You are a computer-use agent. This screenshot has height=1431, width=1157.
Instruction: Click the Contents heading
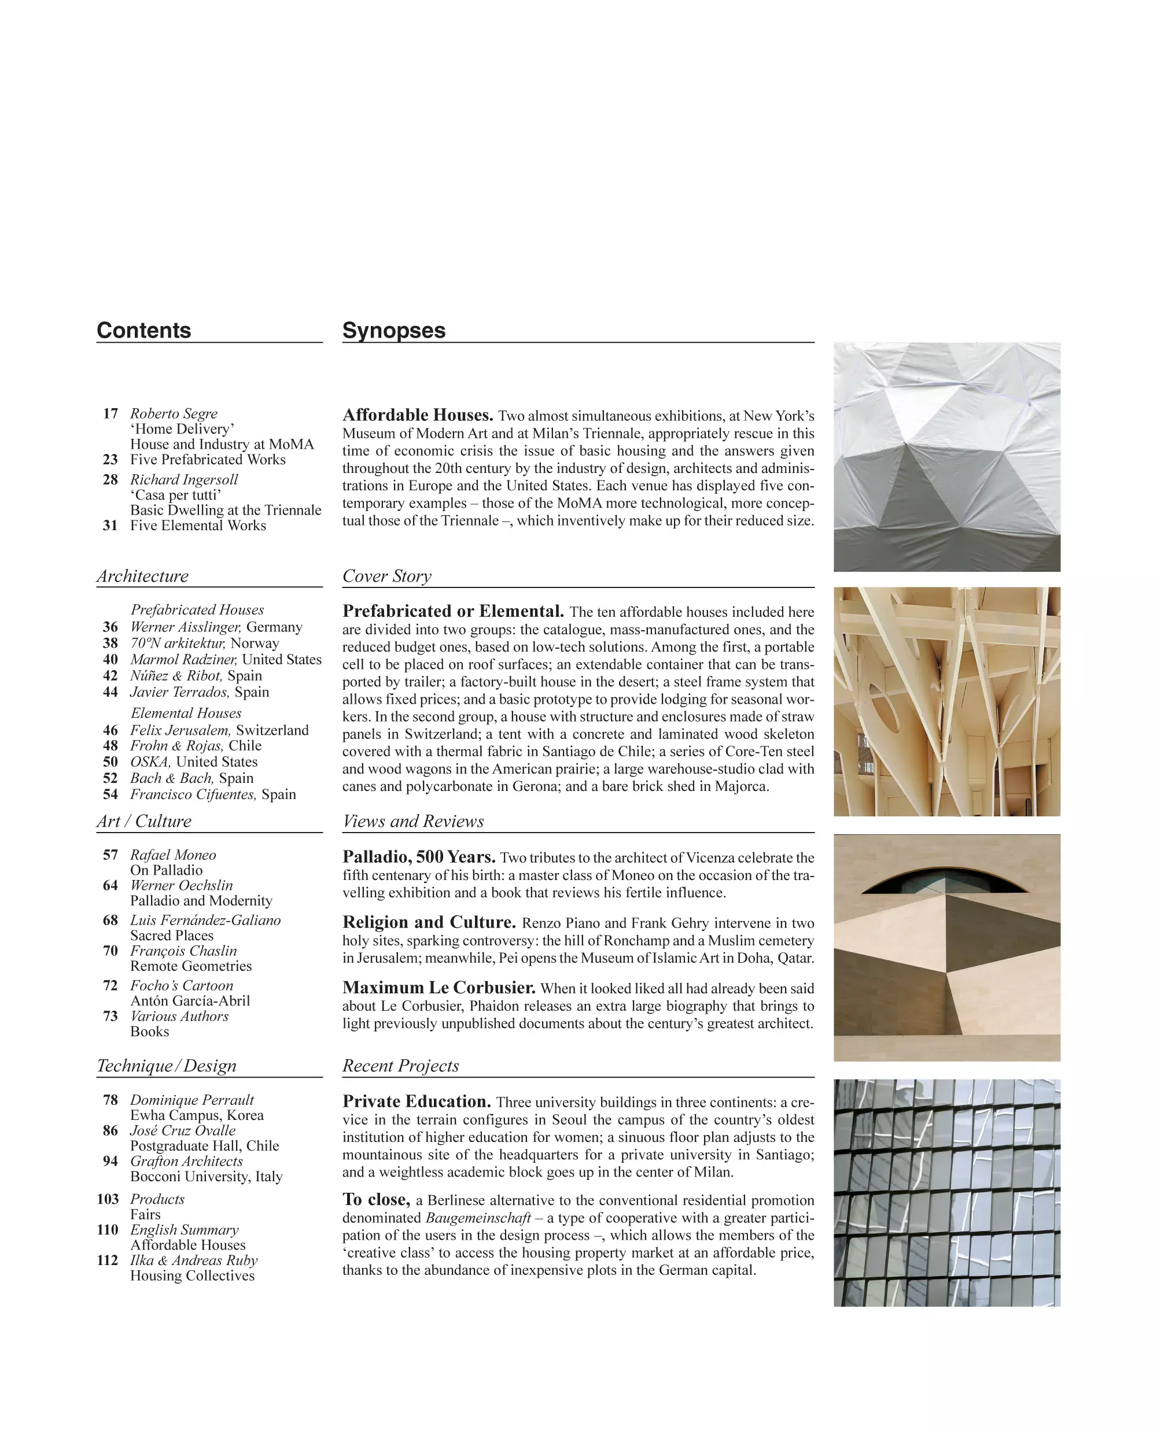(144, 331)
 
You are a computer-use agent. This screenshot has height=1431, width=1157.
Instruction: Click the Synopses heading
(393, 331)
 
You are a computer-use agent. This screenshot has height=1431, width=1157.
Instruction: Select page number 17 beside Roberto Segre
(110, 414)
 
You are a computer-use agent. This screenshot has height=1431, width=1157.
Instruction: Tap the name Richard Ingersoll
(184, 480)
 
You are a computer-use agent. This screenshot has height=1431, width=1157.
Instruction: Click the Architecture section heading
(143, 576)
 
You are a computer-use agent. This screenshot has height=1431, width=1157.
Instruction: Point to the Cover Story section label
(386, 576)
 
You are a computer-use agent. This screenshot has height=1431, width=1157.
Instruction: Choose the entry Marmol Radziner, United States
(225, 660)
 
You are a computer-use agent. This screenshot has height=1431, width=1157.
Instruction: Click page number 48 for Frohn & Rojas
(110, 745)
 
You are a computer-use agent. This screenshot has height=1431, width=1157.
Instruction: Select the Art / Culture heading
(144, 822)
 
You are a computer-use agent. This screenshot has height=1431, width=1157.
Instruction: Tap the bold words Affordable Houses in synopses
(418, 415)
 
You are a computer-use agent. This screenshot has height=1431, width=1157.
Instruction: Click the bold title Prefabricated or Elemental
(453, 612)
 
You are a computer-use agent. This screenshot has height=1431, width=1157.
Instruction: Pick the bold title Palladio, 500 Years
(419, 857)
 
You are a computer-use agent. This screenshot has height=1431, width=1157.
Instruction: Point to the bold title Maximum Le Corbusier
(439, 988)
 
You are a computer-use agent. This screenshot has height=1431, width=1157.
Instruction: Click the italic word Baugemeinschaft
(478, 1218)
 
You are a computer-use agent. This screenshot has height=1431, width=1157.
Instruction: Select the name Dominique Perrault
(192, 1100)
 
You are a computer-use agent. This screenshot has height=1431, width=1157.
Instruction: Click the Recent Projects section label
(400, 1066)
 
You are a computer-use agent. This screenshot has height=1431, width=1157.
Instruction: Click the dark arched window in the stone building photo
(945, 881)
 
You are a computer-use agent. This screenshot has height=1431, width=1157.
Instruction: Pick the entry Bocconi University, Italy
(207, 1177)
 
